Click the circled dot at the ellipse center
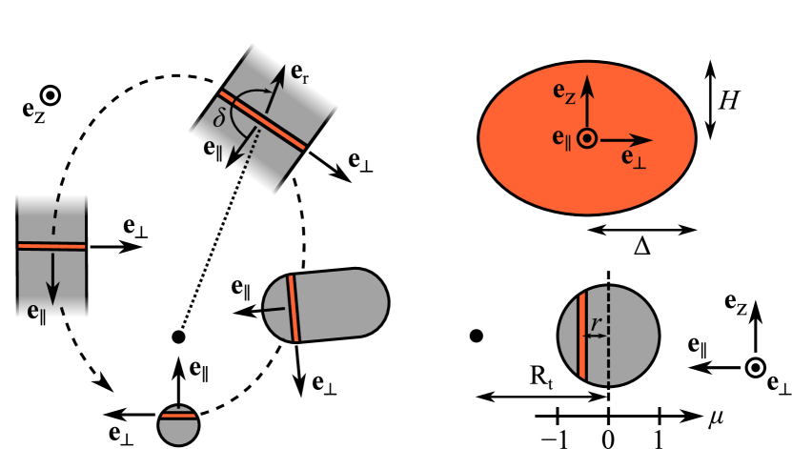[588, 138]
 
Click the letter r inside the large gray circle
[595, 325]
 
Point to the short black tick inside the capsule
[276, 310]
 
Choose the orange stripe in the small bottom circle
[178, 416]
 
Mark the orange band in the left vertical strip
[52, 246]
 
